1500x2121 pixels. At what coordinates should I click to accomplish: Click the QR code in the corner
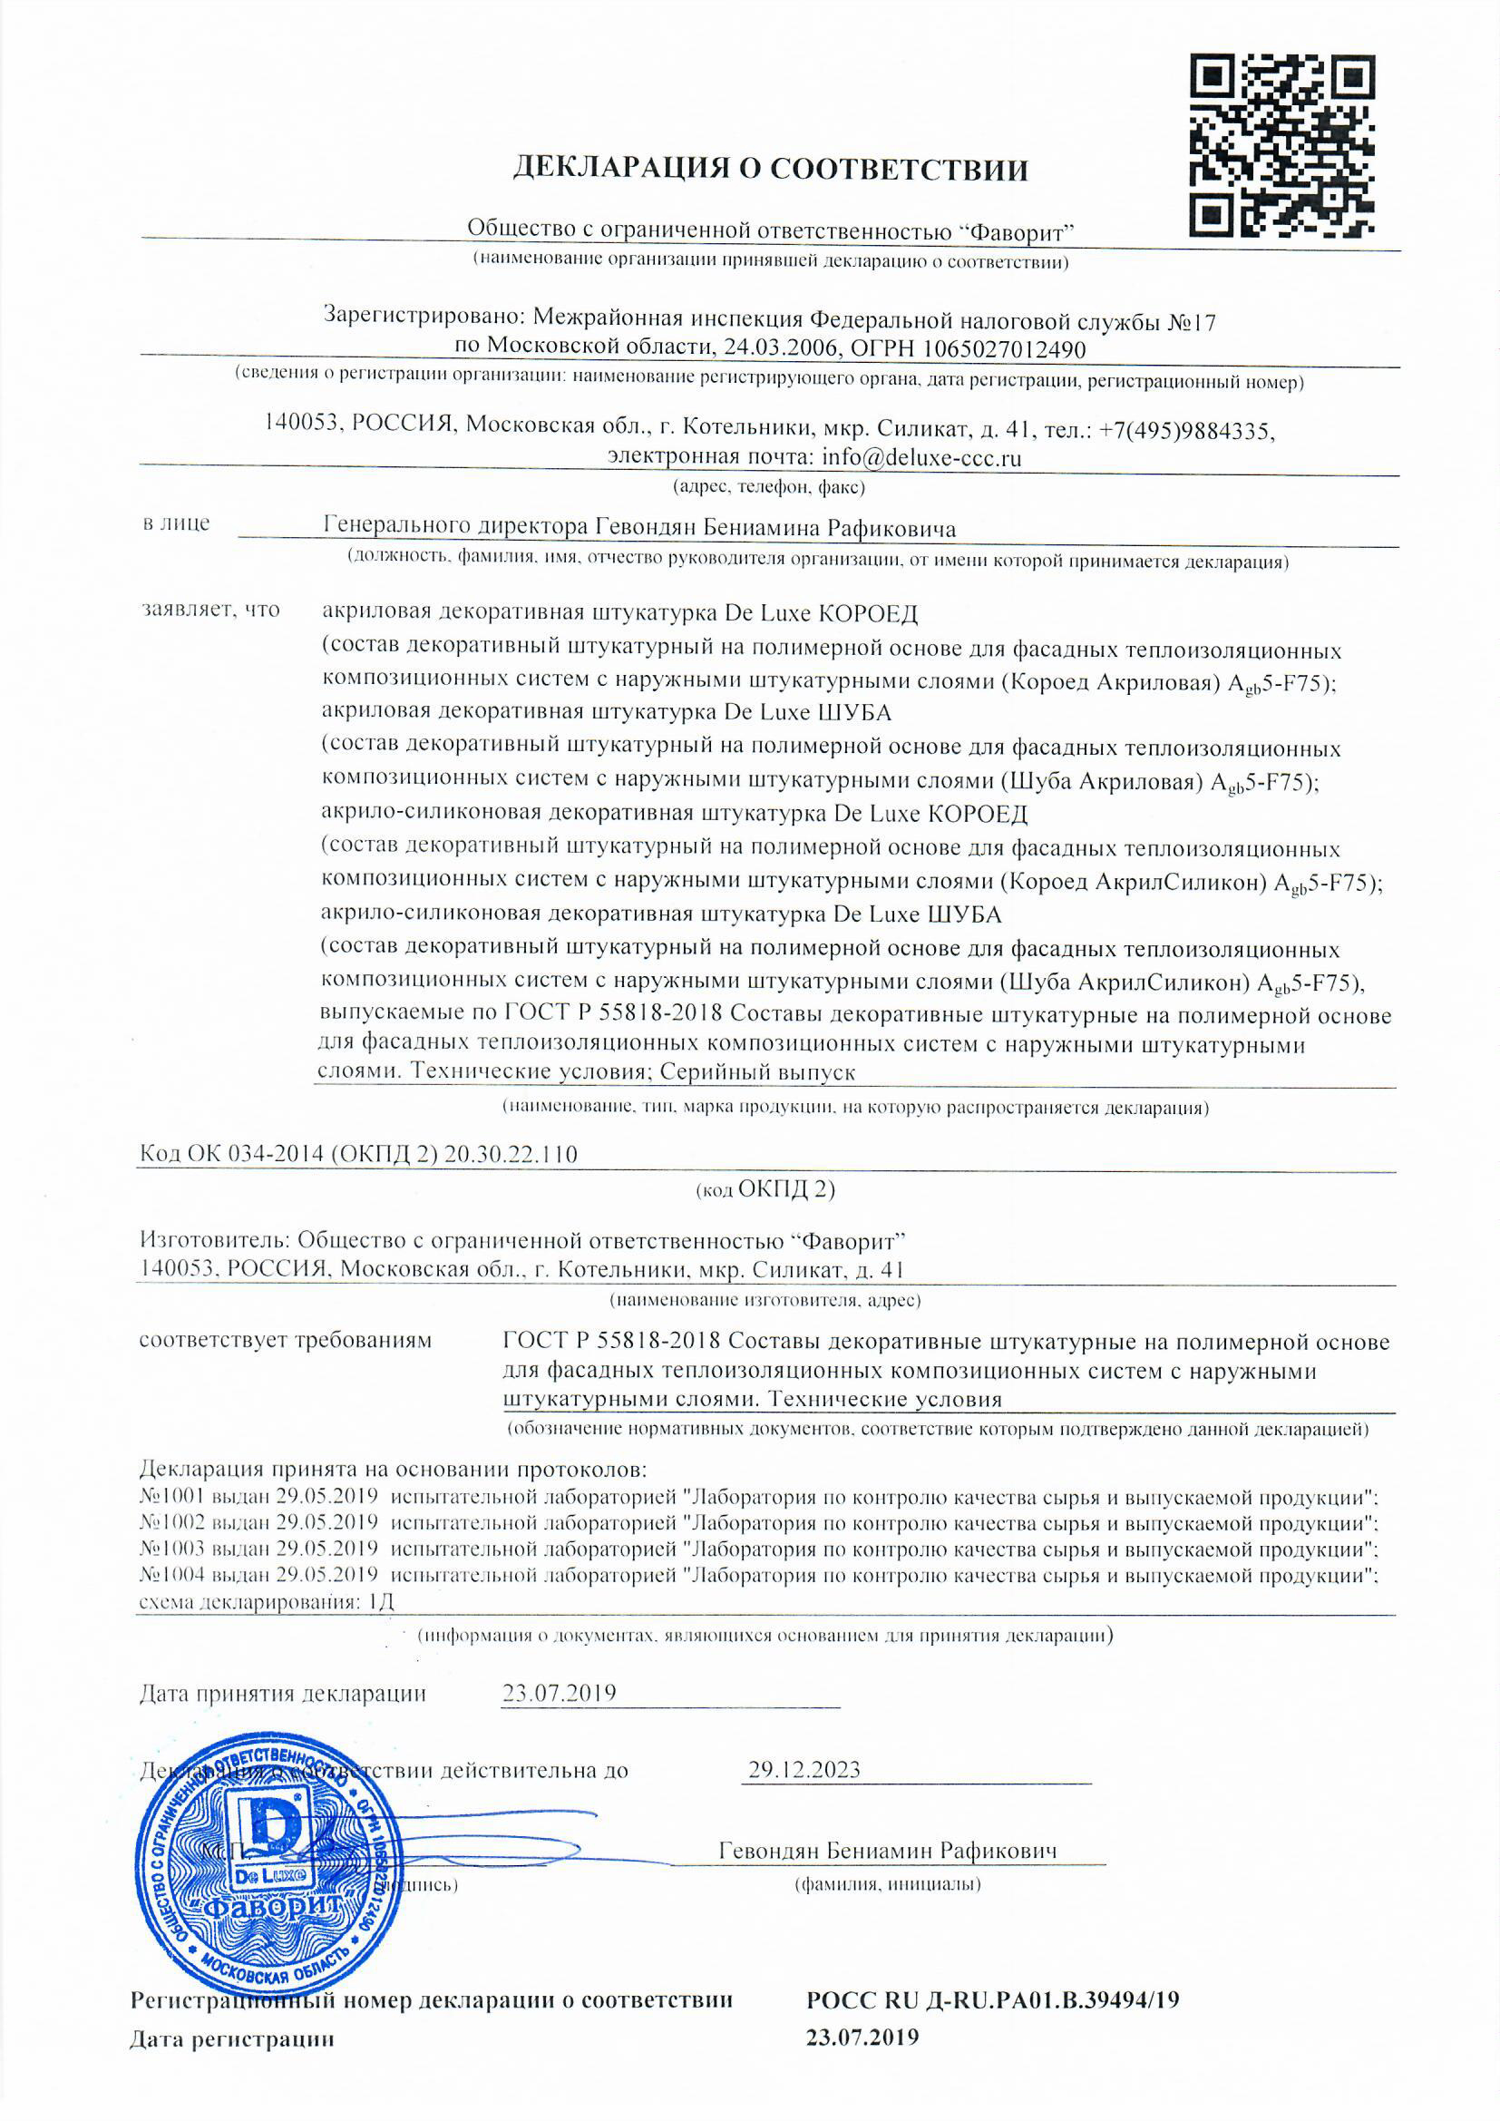pos(1281,144)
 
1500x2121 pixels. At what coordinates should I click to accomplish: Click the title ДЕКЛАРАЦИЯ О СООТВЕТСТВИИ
pos(770,169)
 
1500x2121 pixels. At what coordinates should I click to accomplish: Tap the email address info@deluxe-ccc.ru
pos(920,457)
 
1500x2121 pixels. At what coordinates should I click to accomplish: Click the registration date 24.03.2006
pos(784,349)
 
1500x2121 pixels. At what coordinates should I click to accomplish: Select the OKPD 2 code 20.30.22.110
pos(511,1154)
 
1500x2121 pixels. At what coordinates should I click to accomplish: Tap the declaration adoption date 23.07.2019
pos(559,1694)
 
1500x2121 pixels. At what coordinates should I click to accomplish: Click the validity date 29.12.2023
pos(804,1770)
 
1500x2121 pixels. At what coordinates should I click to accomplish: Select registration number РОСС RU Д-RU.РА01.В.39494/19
pos(993,2001)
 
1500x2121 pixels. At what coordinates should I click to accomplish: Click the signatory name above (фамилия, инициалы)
pos(888,1852)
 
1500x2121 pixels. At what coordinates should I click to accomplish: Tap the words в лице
pos(177,523)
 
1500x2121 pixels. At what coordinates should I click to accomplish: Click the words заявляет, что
pos(210,611)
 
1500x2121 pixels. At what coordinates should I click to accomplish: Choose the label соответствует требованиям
pos(286,1341)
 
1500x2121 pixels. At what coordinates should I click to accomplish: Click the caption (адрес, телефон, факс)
pos(768,486)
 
